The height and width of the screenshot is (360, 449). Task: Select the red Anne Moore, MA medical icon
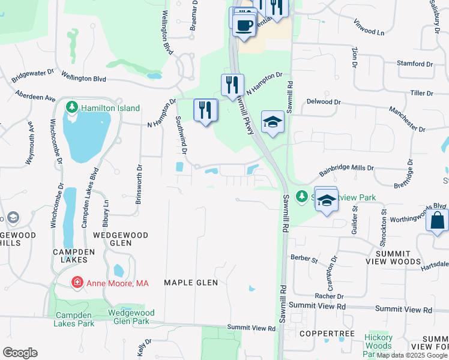click(x=77, y=283)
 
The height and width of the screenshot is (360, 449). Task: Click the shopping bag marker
click(x=437, y=221)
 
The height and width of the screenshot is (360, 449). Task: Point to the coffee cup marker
click(x=244, y=26)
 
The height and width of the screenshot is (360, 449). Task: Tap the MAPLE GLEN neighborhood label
click(x=190, y=282)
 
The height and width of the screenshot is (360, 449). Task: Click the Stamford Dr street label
click(x=415, y=64)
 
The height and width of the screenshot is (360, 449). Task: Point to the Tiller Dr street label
click(x=421, y=93)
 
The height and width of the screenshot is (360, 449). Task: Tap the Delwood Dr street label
click(x=323, y=102)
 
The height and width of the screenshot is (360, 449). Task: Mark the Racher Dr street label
click(x=329, y=296)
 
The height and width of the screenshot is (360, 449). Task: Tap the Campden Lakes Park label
click(x=74, y=319)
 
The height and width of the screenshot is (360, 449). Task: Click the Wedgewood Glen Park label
click(x=131, y=317)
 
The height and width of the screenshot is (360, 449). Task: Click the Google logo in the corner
click(x=20, y=353)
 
